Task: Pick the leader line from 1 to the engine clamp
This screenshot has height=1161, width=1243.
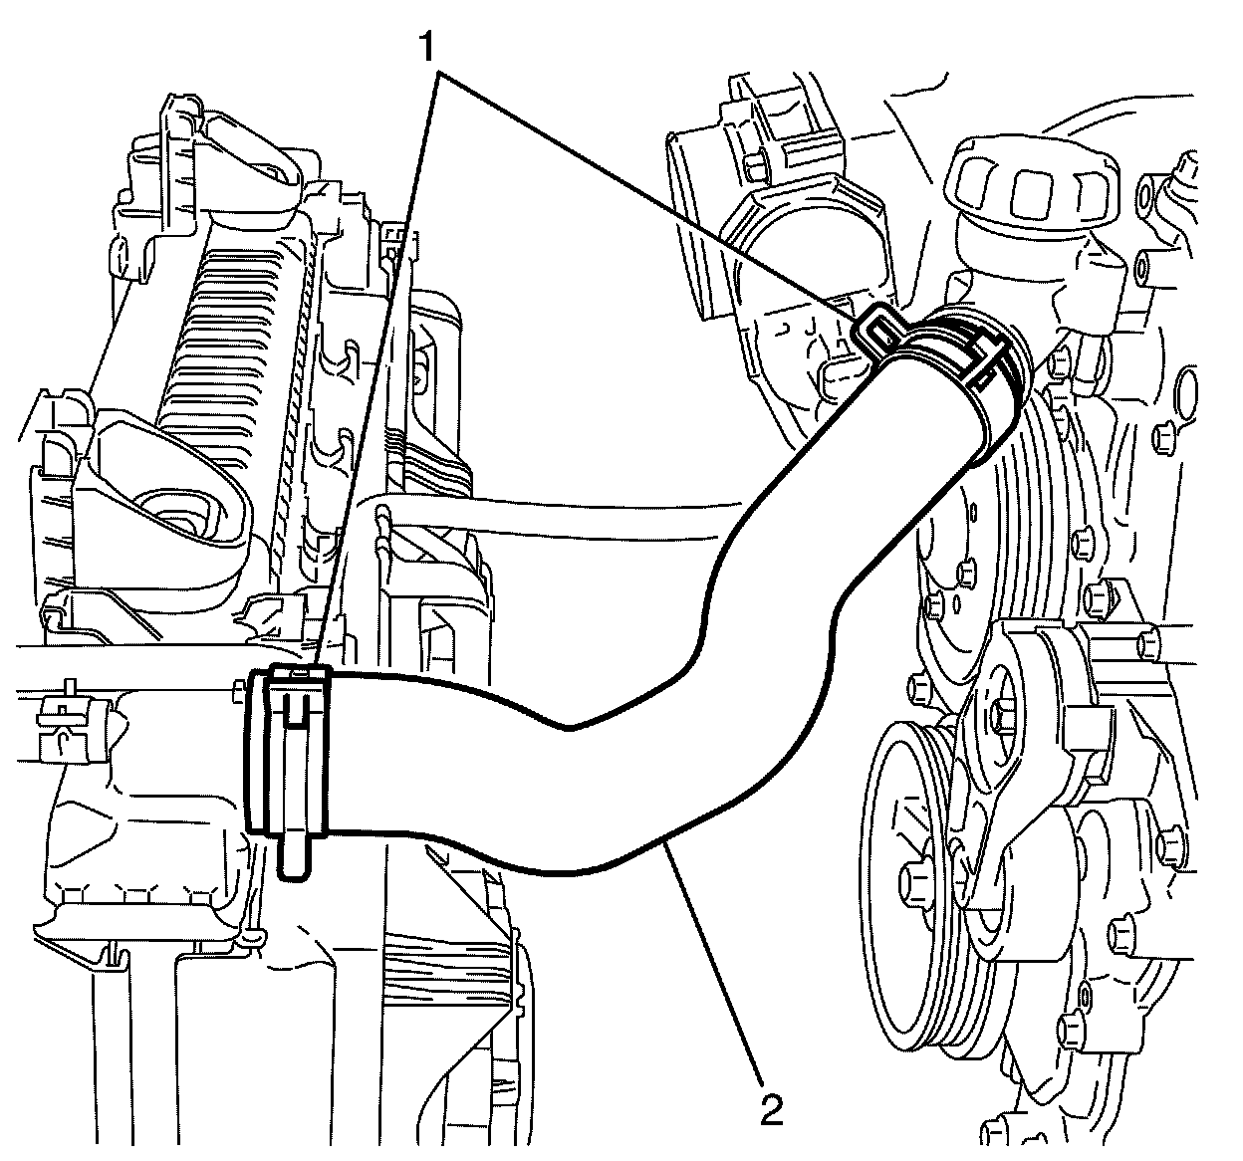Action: point(647,189)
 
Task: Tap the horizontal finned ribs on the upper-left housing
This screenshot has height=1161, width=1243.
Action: point(229,329)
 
